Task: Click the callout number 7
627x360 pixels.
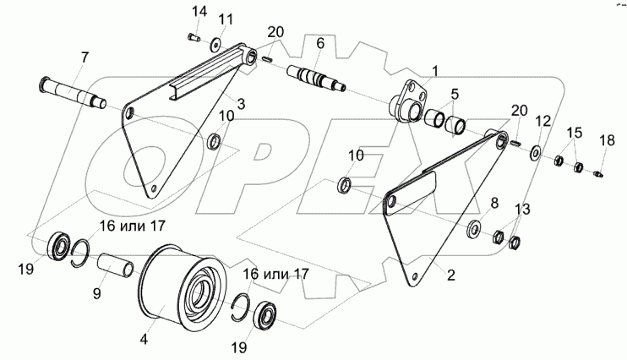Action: tap(84, 57)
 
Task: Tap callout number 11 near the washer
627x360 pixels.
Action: tap(225, 19)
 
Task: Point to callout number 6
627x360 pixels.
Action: tap(320, 42)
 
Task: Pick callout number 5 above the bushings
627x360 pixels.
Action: tap(454, 94)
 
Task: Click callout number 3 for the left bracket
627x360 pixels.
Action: tap(241, 103)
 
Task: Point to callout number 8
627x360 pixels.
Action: tap(494, 203)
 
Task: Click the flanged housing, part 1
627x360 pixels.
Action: tap(409, 101)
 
